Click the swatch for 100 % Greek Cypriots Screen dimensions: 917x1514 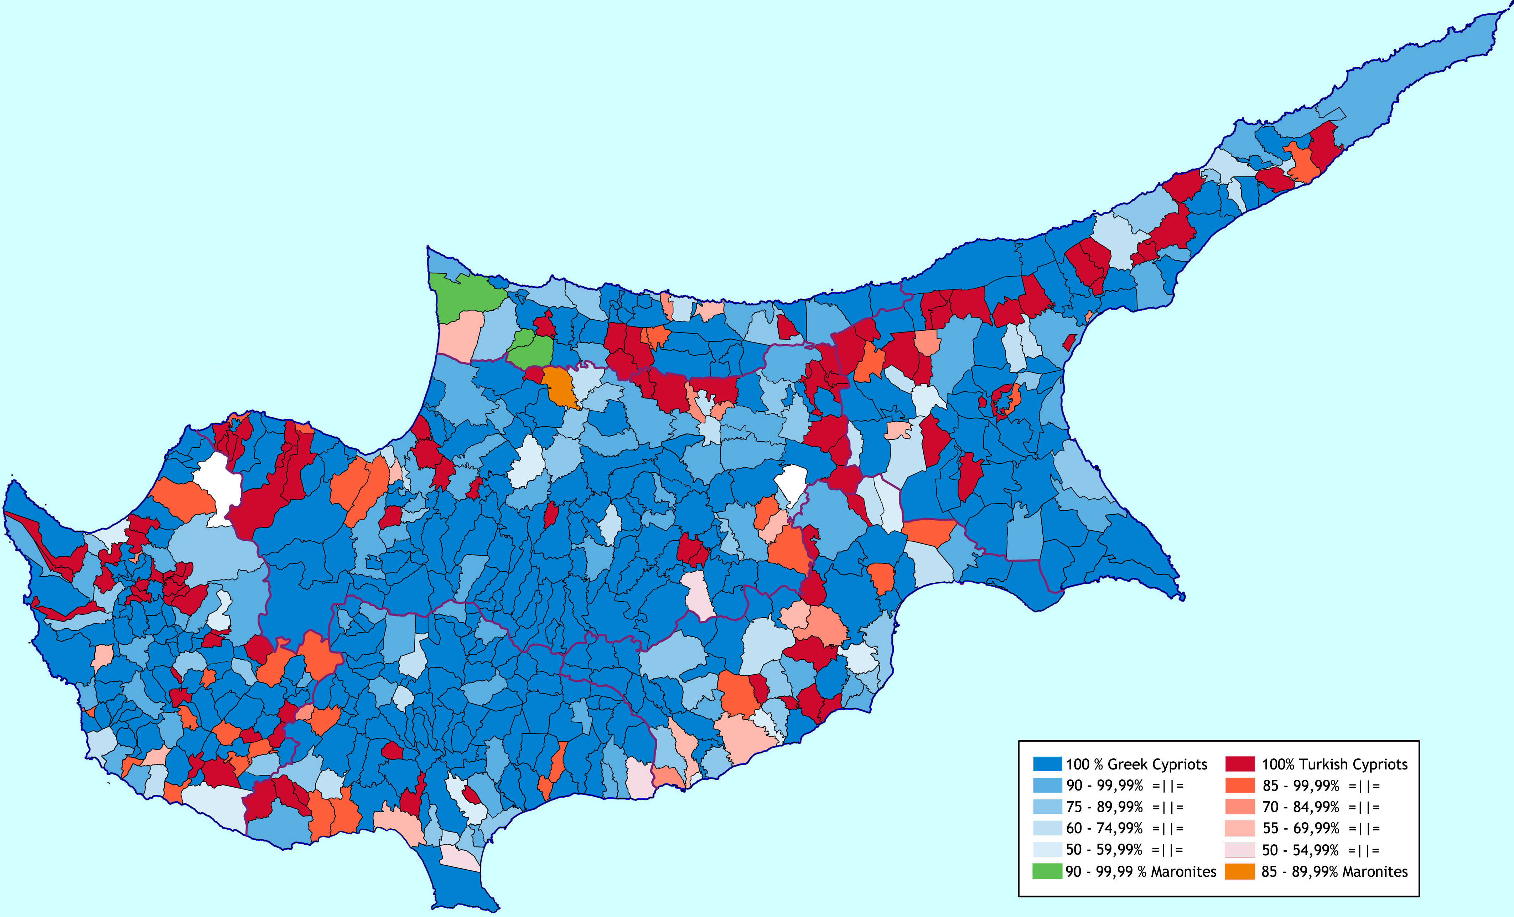click(1047, 764)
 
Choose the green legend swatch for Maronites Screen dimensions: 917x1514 click(1047, 871)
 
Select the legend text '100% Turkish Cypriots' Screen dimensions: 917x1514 click(1334, 764)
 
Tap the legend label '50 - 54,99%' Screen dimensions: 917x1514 click(1300, 850)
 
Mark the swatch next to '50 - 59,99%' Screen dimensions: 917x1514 click(1047, 849)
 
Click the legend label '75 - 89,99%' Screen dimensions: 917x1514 click(1104, 807)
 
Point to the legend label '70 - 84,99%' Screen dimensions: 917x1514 click(1300, 807)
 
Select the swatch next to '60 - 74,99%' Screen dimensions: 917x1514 click(1047, 828)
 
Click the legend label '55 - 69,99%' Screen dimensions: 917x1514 click(1300, 829)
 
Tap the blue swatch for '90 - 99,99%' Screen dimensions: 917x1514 click(1047, 785)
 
